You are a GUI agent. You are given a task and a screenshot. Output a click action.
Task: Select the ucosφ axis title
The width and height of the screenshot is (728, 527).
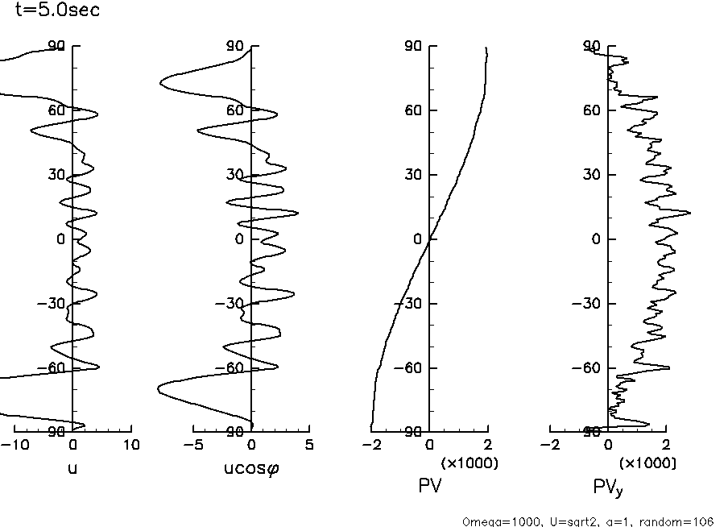(x=251, y=467)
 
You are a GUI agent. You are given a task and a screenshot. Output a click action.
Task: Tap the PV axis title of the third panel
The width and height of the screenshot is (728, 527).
(x=429, y=486)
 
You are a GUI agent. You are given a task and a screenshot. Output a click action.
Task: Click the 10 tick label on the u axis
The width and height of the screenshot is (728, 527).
(x=131, y=445)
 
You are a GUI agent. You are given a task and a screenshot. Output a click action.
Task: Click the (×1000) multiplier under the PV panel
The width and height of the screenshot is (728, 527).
(x=469, y=463)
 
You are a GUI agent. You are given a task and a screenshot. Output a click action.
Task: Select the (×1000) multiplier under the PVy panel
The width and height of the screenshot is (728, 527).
(x=647, y=463)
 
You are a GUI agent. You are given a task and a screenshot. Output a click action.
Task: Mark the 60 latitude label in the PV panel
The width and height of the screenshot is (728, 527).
(x=414, y=110)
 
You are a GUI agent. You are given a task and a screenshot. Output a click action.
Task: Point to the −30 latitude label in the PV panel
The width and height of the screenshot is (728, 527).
(x=410, y=304)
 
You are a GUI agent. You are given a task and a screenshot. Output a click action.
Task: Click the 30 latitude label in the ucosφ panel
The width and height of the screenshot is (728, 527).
(x=235, y=175)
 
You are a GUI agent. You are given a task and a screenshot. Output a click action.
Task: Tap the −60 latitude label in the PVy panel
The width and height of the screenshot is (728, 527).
(x=588, y=368)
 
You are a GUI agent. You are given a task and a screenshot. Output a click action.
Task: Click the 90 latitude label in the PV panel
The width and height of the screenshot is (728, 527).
(x=414, y=47)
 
